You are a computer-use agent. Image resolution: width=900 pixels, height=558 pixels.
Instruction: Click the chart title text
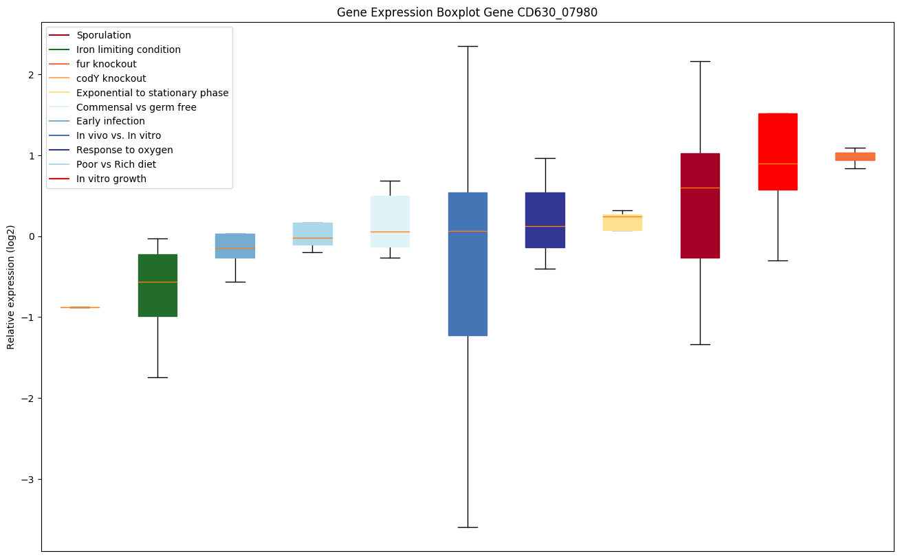tap(461, 12)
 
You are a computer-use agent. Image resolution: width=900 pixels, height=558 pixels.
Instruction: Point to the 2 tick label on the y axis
tap(31, 74)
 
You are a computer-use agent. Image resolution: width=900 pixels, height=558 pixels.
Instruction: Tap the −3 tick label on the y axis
tap(28, 479)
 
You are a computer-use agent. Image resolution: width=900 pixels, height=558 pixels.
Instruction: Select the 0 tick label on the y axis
tap(31, 236)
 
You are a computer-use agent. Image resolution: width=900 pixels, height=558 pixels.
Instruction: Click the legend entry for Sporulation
tap(104, 35)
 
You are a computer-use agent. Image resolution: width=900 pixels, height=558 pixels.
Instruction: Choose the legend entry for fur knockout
tap(107, 64)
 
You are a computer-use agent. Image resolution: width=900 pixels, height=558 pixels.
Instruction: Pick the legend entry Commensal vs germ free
tap(136, 107)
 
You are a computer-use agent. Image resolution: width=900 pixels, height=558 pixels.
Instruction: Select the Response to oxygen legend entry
tap(124, 150)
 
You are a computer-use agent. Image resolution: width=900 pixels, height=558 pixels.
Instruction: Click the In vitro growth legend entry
tap(111, 179)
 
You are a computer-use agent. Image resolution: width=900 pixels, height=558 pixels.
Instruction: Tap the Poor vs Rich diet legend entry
tap(116, 164)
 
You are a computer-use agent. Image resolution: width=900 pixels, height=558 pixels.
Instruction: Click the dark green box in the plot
tap(157, 285)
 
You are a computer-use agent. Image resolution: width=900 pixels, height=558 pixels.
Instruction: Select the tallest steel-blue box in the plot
tap(468, 264)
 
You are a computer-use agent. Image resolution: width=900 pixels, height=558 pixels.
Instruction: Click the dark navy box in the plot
tap(545, 220)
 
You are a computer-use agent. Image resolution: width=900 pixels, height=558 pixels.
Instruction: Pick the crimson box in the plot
tap(700, 205)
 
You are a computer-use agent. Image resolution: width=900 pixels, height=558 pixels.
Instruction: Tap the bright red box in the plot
tap(778, 151)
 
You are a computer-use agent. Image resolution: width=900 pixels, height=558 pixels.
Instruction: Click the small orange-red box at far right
tap(855, 157)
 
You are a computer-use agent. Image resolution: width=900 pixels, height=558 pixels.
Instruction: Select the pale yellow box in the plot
tap(622, 222)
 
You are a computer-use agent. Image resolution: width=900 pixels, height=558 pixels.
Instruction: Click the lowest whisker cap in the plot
tap(468, 527)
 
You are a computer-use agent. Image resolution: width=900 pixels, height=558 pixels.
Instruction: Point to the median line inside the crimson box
tap(700, 188)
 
